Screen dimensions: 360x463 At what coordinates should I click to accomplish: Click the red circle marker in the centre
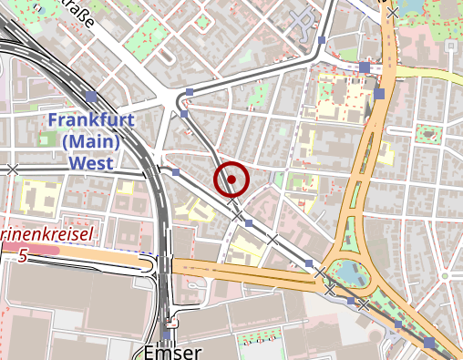(231, 180)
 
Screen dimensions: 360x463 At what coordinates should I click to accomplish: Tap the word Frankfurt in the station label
(91, 120)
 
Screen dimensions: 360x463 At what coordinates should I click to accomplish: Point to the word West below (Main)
(91, 164)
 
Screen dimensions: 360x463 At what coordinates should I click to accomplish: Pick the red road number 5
(22, 256)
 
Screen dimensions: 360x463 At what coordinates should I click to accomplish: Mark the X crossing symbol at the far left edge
(12, 169)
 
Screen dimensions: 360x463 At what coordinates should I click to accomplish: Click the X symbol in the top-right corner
(392, 12)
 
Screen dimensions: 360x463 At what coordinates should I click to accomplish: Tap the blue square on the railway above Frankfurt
(90, 96)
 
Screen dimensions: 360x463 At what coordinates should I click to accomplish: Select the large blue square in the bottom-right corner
(429, 343)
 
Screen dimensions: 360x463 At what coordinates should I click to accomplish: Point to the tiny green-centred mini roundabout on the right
(427, 134)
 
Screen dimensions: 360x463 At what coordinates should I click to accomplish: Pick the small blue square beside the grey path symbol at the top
(323, 39)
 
